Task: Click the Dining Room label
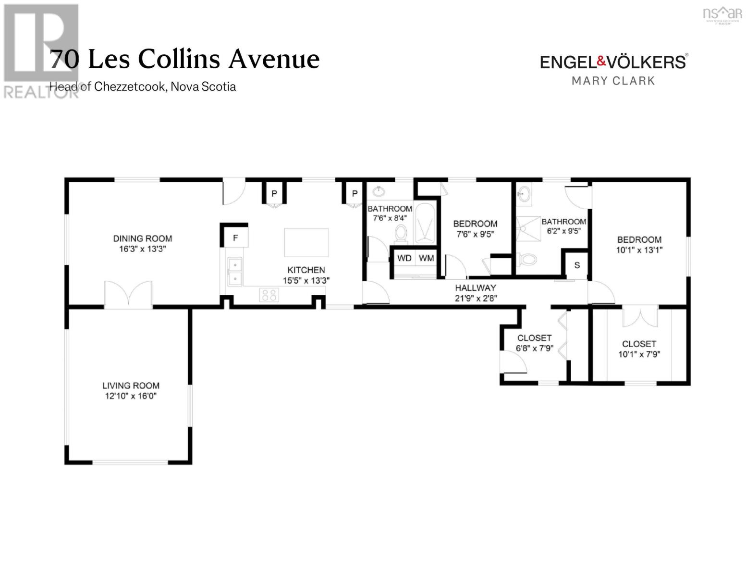tap(142, 238)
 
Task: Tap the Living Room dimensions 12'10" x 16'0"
tap(131, 396)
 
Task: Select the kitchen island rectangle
tap(306, 243)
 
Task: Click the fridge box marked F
tap(235, 238)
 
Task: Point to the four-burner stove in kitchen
tap(269, 295)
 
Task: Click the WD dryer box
tap(404, 259)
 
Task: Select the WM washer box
tap(426, 259)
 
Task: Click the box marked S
tap(577, 265)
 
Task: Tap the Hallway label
tap(476, 288)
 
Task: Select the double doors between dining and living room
tap(128, 294)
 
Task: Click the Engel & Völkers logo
tap(613, 62)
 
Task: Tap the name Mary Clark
tap(613, 81)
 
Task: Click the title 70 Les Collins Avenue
tap(185, 60)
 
